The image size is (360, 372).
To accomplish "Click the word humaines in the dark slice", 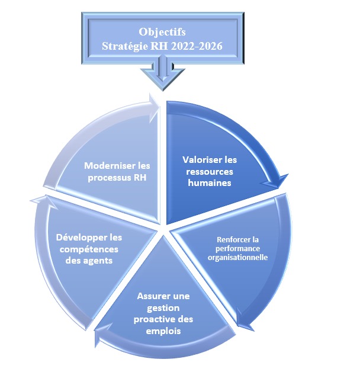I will tap(209, 183).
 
